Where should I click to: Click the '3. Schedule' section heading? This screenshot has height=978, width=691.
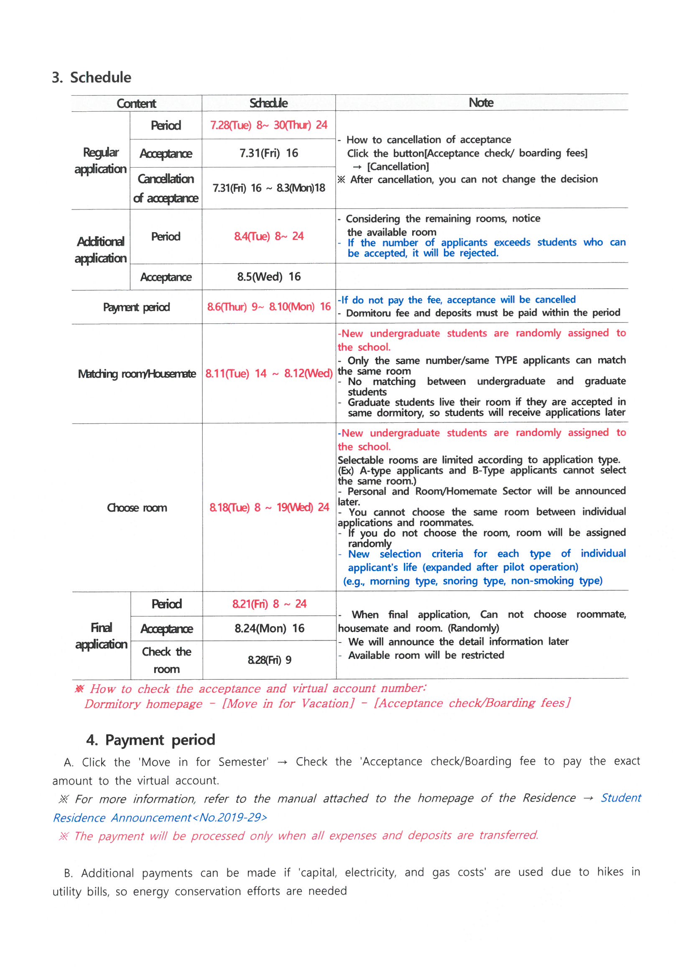point(92,77)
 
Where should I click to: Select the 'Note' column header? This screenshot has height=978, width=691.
point(481,102)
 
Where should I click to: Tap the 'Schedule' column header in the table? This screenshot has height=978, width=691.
point(268,103)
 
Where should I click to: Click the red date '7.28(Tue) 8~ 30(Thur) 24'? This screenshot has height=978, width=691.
point(268,125)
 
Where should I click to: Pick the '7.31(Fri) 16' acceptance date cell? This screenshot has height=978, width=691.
point(268,154)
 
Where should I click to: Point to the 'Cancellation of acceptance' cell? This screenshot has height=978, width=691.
point(166,188)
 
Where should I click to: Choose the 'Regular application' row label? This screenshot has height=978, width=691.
point(100,161)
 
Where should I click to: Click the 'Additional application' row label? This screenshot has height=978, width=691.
point(100,250)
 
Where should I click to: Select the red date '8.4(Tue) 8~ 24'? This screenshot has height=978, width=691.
point(269,236)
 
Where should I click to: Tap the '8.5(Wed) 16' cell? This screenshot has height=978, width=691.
point(269,277)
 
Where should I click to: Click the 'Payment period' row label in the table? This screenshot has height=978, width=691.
point(136,307)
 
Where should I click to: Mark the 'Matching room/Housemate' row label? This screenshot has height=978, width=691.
point(137,374)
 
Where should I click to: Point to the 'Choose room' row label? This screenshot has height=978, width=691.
point(137,508)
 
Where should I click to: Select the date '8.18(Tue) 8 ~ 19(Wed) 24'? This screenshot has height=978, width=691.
point(269,507)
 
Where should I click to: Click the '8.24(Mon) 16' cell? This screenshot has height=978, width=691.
point(269,628)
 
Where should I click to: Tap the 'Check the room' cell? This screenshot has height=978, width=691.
point(166,660)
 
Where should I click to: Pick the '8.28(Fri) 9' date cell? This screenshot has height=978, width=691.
point(269,660)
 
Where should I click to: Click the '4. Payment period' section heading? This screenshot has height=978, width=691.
point(151,740)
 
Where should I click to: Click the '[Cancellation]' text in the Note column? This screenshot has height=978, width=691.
point(398,166)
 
